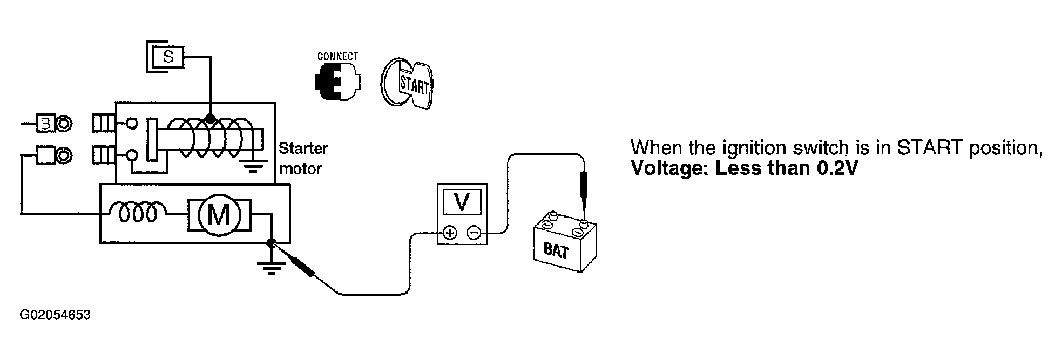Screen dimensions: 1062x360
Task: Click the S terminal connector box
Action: [x=168, y=56]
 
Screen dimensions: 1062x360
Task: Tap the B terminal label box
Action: [x=45, y=124]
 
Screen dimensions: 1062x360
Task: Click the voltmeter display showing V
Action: [x=462, y=202]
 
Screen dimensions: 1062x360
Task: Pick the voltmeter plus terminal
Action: [x=450, y=233]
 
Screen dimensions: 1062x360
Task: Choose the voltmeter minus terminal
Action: [x=473, y=233]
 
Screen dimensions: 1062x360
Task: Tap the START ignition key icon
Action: [x=408, y=84]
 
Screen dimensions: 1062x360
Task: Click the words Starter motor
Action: [x=303, y=158]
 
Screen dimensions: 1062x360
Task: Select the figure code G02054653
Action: [x=55, y=315]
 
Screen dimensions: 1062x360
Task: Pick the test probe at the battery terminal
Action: [x=584, y=186]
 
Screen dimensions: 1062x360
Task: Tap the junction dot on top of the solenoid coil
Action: [x=211, y=118]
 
